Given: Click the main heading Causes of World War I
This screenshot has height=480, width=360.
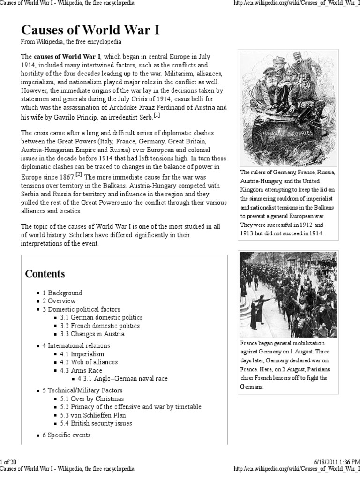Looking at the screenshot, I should [90, 30].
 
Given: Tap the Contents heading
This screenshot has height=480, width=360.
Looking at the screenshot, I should [45, 274].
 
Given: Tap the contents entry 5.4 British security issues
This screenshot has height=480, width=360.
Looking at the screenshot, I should [102, 423].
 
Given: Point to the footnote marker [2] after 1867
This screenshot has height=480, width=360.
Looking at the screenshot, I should [79, 175].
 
